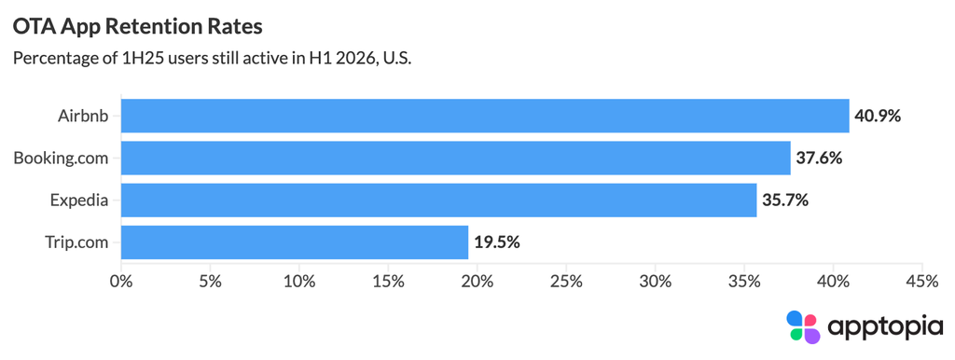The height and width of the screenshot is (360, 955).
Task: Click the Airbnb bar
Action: click(x=485, y=116)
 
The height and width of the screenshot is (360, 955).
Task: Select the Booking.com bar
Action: click(x=455, y=159)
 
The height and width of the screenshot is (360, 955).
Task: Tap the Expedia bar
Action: click(x=438, y=201)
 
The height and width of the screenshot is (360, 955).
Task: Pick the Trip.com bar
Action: click(x=295, y=242)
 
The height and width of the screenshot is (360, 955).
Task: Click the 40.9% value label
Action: click(x=877, y=116)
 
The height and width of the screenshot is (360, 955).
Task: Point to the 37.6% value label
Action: click(x=819, y=159)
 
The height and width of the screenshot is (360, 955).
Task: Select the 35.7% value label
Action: click(x=784, y=201)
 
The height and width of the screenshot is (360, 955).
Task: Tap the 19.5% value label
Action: click(x=496, y=242)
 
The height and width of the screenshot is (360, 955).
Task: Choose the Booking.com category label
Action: click(x=61, y=159)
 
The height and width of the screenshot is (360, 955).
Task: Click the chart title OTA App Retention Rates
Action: click(x=138, y=28)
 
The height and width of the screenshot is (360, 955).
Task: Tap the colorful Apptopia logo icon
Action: click(x=803, y=327)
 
